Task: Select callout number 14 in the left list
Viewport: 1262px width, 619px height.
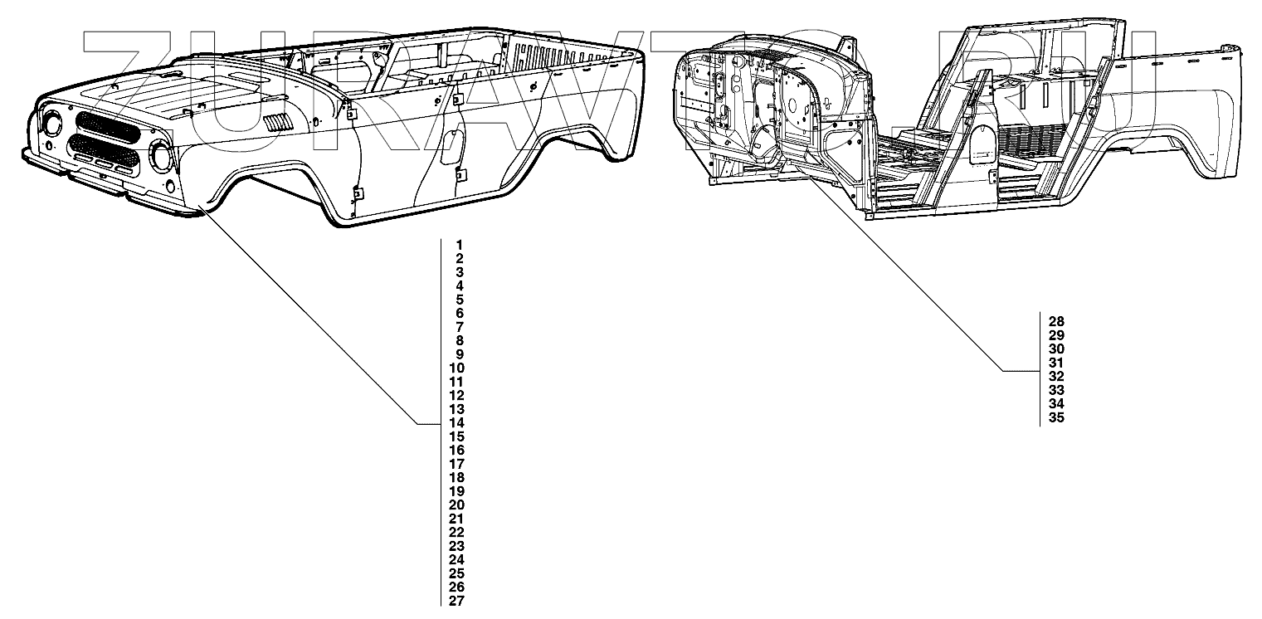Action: tap(456, 423)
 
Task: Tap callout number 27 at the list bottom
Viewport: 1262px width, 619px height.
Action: tap(456, 601)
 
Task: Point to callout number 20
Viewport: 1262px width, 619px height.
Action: tap(456, 505)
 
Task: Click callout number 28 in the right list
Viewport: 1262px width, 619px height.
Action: tap(1056, 321)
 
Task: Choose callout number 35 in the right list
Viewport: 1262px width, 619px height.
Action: tap(1056, 417)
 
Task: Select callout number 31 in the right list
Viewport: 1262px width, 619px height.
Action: tap(1056, 363)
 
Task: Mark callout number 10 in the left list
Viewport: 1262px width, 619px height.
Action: tap(456, 368)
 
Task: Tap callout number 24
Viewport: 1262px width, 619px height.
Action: tap(456, 560)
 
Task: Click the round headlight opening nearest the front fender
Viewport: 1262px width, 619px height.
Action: tap(160, 154)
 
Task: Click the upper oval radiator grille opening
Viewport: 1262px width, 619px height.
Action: tap(108, 128)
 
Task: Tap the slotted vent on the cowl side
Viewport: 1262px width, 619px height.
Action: tap(276, 124)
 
